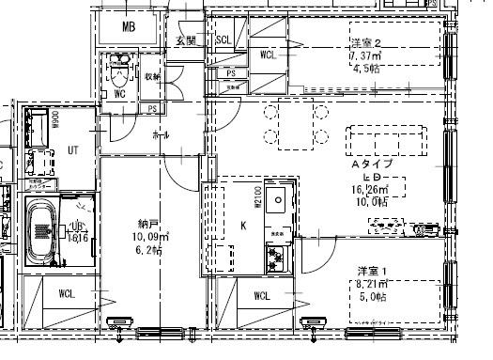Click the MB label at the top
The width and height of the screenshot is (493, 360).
pyautogui.click(x=129, y=27)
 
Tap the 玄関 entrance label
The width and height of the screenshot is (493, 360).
pyautogui.click(x=185, y=40)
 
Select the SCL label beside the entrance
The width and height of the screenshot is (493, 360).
pyautogui.click(x=224, y=40)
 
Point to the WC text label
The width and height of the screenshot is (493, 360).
pyautogui.click(x=119, y=94)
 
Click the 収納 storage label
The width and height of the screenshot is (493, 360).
pyautogui.click(x=151, y=76)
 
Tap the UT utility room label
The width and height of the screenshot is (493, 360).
pyautogui.click(x=73, y=149)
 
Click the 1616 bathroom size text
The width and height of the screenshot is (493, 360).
pyautogui.click(x=78, y=239)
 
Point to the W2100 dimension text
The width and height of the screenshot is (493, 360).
pyautogui.click(x=255, y=198)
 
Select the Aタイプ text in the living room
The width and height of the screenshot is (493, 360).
pyautogui.click(x=371, y=164)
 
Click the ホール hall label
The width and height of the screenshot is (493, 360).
pyautogui.click(x=161, y=135)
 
